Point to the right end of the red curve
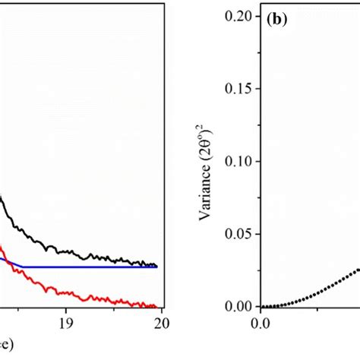click(156, 306)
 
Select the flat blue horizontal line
click(91, 267)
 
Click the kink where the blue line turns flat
click(24, 267)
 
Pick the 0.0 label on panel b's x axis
click(261, 321)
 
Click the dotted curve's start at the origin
click(262, 307)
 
